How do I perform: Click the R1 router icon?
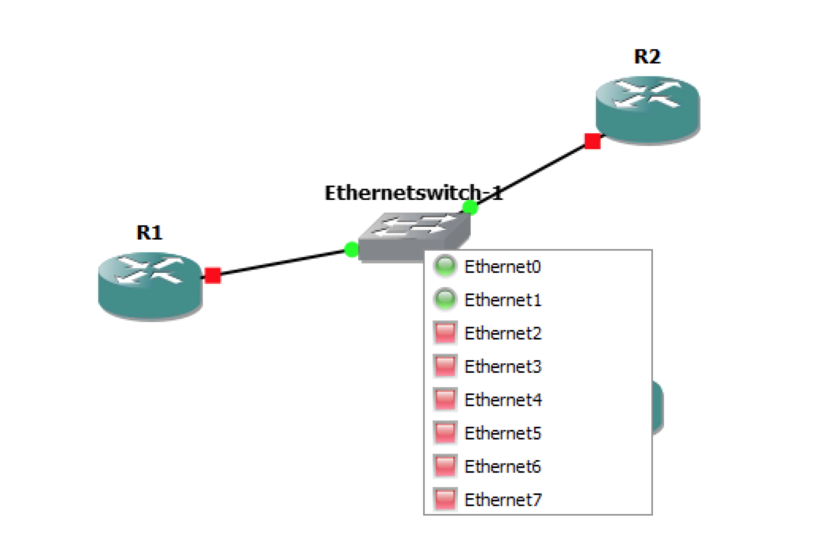click(149, 285)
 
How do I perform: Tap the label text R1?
click(149, 232)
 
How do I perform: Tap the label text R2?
click(647, 56)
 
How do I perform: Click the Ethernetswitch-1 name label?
click(414, 193)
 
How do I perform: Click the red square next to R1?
click(212, 275)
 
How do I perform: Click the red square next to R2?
click(592, 141)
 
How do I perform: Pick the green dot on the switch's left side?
click(352, 250)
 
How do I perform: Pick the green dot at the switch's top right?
click(470, 208)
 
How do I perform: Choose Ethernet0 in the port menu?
click(502, 267)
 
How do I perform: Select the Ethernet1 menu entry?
click(502, 300)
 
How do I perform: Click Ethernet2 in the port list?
click(502, 333)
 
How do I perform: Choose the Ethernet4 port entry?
click(502, 400)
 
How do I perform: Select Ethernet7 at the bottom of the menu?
click(502, 500)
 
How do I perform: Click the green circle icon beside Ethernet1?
click(445, 300)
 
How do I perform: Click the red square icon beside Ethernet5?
click(445, 432)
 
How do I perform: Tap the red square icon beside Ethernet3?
click(445, 366)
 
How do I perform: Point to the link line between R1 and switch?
click(281, 263)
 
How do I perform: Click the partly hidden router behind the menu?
click(658, 407)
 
